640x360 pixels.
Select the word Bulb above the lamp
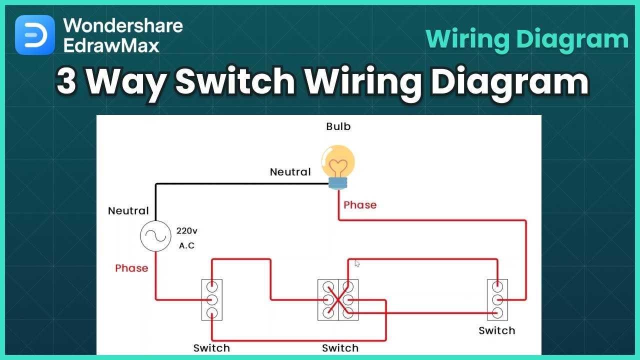338,126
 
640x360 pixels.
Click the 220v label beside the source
187,231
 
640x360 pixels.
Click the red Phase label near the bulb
360,205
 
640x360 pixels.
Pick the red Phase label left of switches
131,268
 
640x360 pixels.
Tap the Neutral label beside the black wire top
290,172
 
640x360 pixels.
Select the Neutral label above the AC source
128,211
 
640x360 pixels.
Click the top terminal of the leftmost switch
212,287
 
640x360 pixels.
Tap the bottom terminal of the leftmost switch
212,313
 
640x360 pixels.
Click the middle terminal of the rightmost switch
497,300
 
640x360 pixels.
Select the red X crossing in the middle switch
338,300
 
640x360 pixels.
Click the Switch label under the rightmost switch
496,330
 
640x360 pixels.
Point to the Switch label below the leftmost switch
211,348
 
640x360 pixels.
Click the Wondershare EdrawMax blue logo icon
35,35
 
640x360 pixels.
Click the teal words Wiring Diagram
527,39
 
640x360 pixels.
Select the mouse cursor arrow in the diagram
357,263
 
